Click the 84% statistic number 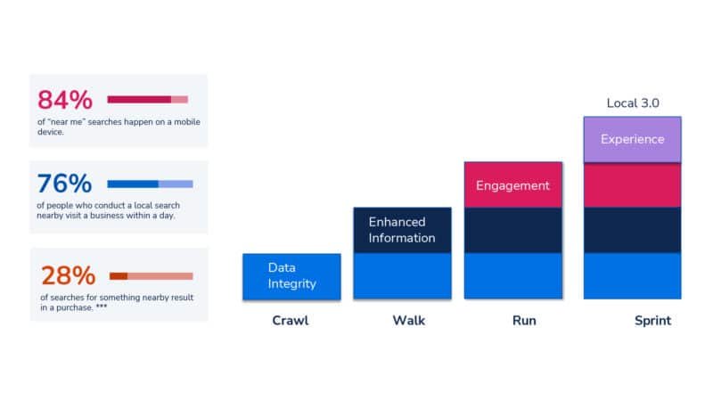64,100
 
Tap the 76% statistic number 64,184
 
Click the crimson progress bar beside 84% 147,99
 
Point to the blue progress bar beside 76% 149,184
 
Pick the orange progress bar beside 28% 151,276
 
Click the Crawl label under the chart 291,321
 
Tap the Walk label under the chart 409,321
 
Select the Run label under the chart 524,321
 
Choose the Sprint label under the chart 652,321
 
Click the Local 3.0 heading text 633,103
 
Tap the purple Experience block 632,140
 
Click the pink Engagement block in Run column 512,185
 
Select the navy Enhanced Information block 402,230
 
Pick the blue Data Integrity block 291,276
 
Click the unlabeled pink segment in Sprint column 632,185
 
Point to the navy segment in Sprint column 632,230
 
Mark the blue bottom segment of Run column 512,276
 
